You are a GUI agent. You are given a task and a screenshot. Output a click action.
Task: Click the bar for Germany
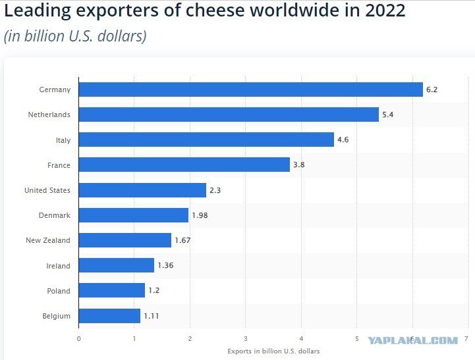pyautogui.click(x=251, y=90)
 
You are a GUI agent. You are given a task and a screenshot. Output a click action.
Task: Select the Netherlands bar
pyautogui.click(x=229, y=115)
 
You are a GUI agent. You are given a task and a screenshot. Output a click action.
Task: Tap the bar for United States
pyautogui.click(x=142, y=190)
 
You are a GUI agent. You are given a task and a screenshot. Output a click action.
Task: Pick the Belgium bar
pyautogui.click(x=109, y=316)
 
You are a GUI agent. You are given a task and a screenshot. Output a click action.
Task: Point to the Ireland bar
pyautogui.click(x=117, y=265)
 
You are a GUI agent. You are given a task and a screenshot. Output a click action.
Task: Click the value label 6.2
pyautogui.click(x=432, y=90)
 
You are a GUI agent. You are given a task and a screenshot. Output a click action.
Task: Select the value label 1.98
pyautogui.click(x=200, y=215)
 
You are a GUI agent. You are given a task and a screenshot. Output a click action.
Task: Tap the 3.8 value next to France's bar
pyautogui.click(x=298, y=165)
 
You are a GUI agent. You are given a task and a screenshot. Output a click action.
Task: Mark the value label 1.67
pyautogui.click(x=182, y=240)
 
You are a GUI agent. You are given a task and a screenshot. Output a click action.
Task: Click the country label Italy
pyautogui.click(x=63, y=140)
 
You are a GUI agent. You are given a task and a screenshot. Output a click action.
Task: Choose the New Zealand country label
pyautogui.click(x=48, y=240)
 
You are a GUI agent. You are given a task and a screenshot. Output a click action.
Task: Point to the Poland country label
pyautogui.click(x=59, y=291)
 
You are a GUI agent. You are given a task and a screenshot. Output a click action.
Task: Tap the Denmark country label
pyautogui.click(x=55, y=215)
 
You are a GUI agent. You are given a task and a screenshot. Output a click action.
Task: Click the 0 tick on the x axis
pyautogui.click(x=79, y=339)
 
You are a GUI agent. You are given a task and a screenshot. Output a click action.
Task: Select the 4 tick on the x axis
pyautogui.click(x=301, y=339)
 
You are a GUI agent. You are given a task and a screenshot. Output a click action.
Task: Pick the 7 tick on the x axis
pyautogui.click(x=466, y=339)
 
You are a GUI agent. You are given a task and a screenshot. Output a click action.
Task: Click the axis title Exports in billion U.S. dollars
pyautogui.click(x=273, y=351)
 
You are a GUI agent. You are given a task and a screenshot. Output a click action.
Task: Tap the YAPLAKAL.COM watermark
pyautogui.click(x=413, y=341)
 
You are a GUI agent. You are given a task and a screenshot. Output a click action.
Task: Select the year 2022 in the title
pyautogui.click(x=385, y=11)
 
